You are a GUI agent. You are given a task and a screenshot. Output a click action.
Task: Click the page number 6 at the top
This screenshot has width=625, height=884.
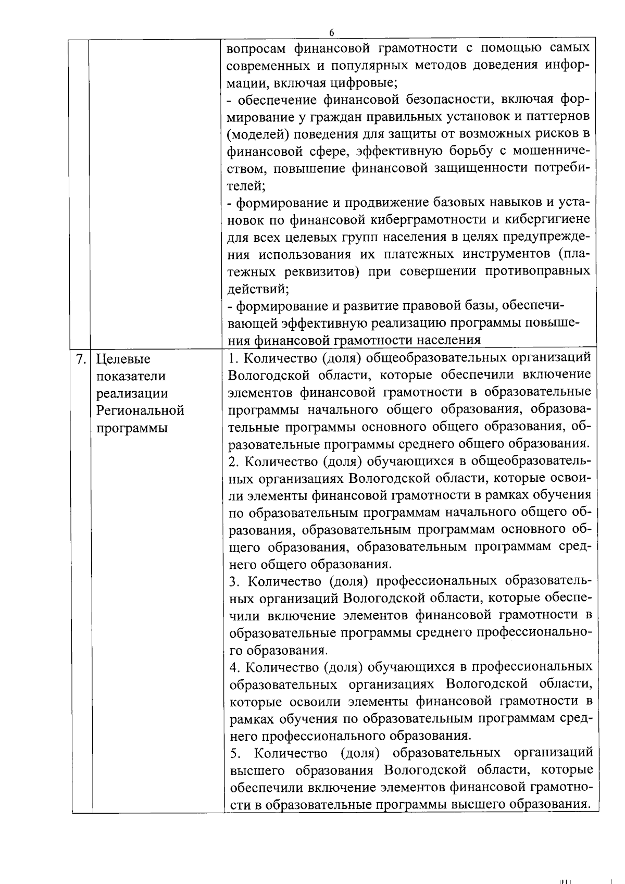331,32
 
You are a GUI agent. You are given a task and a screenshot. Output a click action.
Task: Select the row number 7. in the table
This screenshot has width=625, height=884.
80,359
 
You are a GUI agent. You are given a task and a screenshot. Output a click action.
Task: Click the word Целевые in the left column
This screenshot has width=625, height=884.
123,359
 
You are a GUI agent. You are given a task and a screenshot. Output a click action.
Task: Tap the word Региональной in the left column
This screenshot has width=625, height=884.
141,410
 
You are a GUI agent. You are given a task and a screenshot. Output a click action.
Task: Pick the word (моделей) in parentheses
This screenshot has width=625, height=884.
257,134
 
